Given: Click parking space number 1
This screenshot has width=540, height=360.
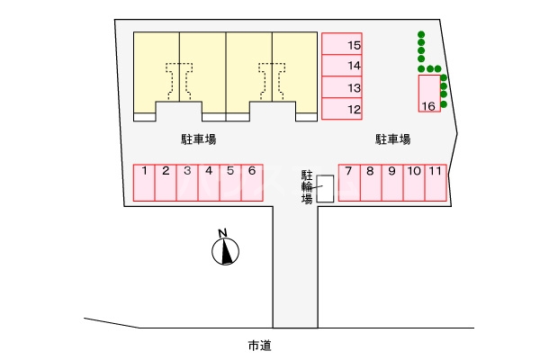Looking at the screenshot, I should pos(144,182).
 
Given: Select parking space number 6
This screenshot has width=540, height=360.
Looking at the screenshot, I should pos(252,182).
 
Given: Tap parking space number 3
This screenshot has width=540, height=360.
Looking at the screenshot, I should pos(187,182).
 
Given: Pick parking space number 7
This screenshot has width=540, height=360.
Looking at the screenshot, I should pos(348,182).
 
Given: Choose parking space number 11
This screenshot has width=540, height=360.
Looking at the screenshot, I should pos(436,182).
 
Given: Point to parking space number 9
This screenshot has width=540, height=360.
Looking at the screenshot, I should pos(391,182).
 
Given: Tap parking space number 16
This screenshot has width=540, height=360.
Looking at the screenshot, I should pos(429,94).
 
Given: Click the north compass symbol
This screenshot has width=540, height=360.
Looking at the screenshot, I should pos(225,249).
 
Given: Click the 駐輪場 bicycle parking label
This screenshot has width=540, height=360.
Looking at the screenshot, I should pos(307,186).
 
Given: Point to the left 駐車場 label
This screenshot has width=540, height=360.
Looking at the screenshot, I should pos(197,139).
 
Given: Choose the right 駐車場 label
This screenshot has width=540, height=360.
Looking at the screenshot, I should pos(393,139).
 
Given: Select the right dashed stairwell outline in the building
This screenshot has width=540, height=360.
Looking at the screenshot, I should pos(272,79).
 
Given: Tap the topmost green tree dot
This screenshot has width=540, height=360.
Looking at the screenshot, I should pos(420,36).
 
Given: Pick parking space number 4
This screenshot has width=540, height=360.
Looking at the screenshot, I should pos(209,182).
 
